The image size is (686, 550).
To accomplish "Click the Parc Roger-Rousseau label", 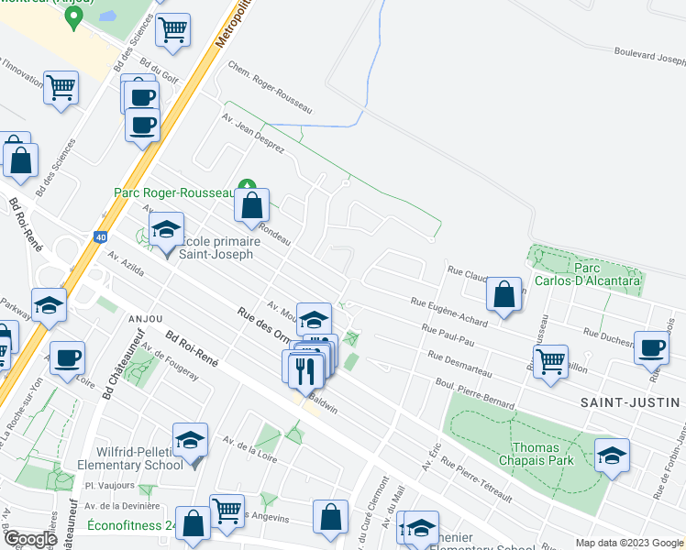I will (174, 192).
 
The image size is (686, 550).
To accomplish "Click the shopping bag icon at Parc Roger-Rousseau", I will (251, 206).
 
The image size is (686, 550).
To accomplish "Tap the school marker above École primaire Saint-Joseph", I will (167, 229).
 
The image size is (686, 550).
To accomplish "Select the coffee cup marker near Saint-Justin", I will (652, 347).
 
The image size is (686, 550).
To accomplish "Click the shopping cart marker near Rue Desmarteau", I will (550, 361).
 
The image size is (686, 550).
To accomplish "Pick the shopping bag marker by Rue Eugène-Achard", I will (503, 294).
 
